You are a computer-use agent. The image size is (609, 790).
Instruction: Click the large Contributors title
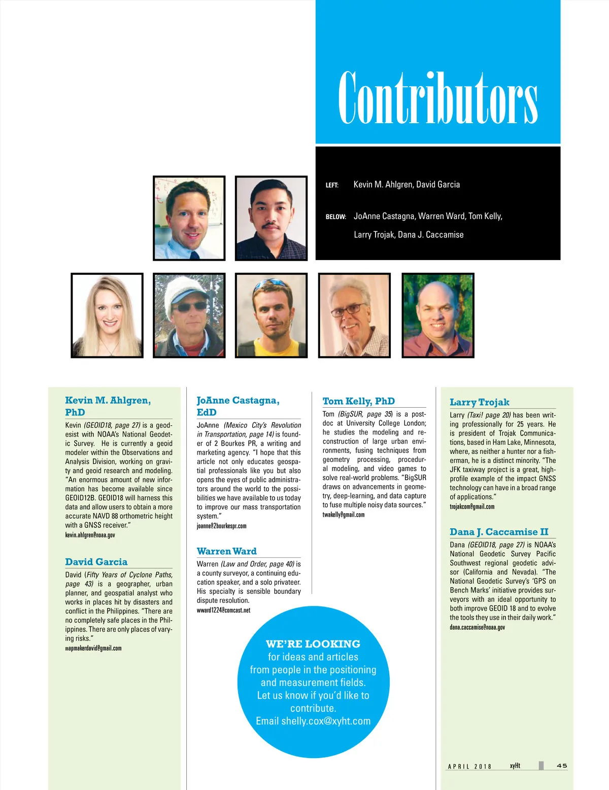coord(437,97)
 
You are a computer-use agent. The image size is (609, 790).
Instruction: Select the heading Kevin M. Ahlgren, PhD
coord(108,406)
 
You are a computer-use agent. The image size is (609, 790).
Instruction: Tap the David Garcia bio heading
coord(96,562)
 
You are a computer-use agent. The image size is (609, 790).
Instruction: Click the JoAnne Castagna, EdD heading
coord(238,406)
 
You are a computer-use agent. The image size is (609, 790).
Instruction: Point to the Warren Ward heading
coord(226,551)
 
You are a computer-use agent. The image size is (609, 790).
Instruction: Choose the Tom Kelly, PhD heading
coord(358,401)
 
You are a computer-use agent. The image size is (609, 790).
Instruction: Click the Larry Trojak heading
coord(479,402)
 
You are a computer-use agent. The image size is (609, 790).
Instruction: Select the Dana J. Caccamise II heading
coord(499,532)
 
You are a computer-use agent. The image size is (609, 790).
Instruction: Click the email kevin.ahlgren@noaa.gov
coord(90,535)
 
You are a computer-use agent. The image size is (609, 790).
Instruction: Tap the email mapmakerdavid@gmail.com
coord(93,648)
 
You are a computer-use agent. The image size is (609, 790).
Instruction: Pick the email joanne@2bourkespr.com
coord(221,526)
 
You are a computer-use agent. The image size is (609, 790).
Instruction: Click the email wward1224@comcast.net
coord(223,610)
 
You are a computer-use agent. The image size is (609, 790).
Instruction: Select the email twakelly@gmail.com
coord(343,515)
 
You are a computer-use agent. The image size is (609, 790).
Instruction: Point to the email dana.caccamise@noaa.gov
coord(477,627)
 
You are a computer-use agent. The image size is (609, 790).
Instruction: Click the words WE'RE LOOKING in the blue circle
coord(313,644)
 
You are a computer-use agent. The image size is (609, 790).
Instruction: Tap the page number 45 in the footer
coord(562,766)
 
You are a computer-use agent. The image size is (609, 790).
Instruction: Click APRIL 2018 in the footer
coord(469,766)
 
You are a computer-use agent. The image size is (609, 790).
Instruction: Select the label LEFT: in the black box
coord(332,186)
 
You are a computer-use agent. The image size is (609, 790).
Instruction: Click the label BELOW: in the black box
coord(335,217)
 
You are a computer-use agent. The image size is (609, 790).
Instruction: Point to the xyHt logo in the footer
coord(515,766)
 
